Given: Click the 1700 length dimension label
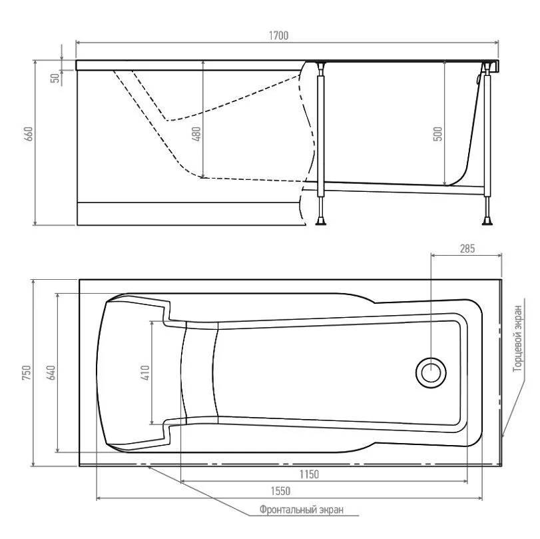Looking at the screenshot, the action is click(278, 35).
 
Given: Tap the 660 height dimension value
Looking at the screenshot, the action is click(29, 134).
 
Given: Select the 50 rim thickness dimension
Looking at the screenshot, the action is click(55, 78).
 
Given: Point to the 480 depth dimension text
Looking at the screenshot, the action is click(196, 134).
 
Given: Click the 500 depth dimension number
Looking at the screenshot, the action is click(437, 134).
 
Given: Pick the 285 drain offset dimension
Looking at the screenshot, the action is click(467, 249).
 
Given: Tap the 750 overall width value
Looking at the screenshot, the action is click(27, 372).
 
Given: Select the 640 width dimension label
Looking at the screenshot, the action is click(51, 372).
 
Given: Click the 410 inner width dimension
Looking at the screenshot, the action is click(145, 372).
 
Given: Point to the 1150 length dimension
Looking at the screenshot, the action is click(309, 474).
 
